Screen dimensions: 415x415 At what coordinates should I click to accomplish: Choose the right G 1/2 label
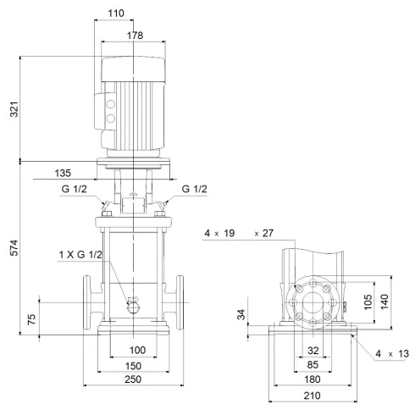point(194,190)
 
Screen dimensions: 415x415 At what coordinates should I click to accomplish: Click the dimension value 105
point(368,300)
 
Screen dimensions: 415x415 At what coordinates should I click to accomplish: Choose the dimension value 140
point(385,300)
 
